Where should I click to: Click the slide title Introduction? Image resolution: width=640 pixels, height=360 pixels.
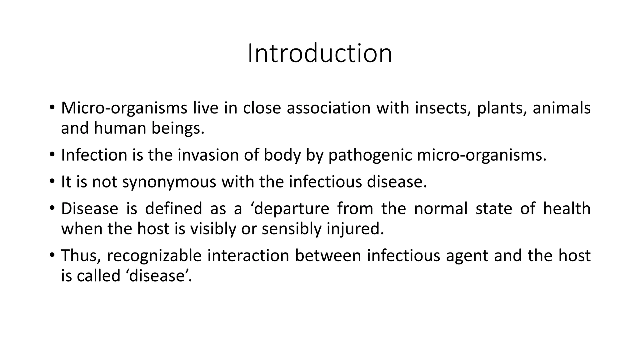click(320, 53)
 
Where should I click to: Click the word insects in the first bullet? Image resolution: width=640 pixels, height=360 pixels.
click(443, 108)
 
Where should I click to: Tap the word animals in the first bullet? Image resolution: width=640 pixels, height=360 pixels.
click(562, 108)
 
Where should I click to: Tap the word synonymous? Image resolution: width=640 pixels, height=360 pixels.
click(169, 182)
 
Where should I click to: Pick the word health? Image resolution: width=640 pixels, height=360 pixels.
click(567, 208)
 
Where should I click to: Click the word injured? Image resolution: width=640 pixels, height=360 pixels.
click(355, 229)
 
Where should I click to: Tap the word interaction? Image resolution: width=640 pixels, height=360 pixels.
click(248, 256)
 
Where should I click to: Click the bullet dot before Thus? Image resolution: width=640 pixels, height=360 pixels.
click(52, 255)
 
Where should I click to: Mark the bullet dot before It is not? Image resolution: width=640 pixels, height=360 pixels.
click(52, 181)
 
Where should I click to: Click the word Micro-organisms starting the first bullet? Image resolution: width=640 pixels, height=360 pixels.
click(124, 108)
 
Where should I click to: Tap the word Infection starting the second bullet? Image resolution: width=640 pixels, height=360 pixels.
click(94, 155)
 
